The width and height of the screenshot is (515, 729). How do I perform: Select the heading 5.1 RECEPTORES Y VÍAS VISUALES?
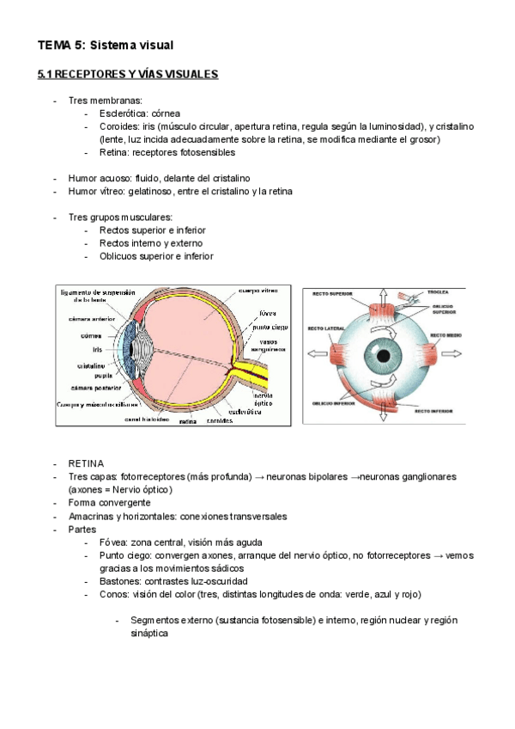(128, 75)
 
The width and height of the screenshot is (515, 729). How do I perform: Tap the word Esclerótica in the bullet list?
(126, 113)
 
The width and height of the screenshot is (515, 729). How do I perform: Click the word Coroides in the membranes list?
(120, 126)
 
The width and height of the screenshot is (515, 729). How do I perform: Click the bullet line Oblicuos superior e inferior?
(156, 256)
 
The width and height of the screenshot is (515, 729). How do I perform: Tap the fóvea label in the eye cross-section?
(268, 313)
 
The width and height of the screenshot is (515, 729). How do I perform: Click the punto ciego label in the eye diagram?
(271, 327)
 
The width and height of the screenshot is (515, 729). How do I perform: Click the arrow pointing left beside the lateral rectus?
(315, 352)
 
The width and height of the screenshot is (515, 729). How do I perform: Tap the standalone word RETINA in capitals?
(86, 463)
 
